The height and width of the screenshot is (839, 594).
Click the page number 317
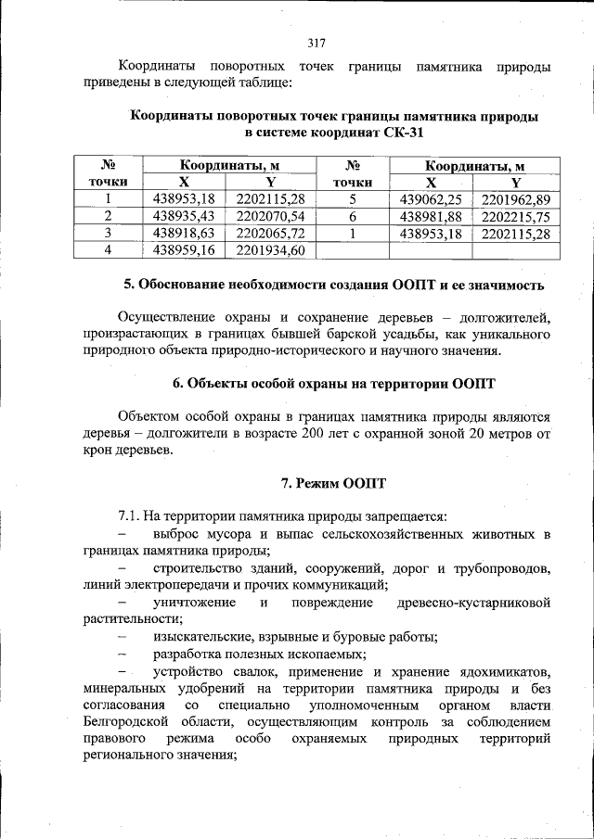[316, 42]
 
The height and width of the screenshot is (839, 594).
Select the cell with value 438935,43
[184, 215]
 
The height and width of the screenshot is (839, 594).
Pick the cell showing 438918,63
[184, 232]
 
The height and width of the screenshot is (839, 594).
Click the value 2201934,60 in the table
[271, 249]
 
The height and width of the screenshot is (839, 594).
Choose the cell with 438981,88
[430, 215]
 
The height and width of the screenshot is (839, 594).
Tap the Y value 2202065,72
[271, 232]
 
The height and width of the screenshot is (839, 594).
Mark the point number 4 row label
[109, 249]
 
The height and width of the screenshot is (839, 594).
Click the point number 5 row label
[353, 198]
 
